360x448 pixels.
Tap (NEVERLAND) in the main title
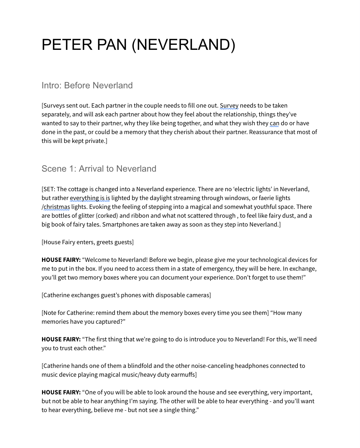tap(183, 44)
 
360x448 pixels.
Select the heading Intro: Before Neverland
tap(87, 85)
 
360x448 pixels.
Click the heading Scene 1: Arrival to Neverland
tap(99, 169)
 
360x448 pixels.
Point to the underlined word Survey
tap(229, 106)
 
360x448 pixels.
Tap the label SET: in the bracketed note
tap(49, 189)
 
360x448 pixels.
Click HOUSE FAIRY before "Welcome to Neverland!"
tap(61, 260)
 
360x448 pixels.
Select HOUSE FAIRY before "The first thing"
tap(61, 339)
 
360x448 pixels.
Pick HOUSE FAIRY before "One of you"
tap(61, 392)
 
